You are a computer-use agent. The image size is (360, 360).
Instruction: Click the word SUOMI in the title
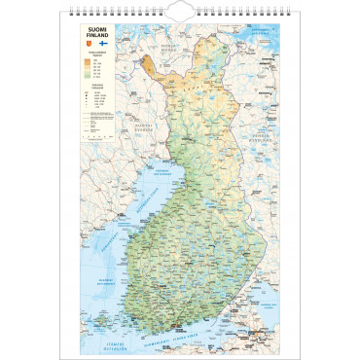98,30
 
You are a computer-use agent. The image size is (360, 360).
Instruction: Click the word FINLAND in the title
98,37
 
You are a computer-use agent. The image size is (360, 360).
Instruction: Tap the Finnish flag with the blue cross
104,45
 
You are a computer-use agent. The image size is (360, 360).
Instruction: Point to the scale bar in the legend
97,139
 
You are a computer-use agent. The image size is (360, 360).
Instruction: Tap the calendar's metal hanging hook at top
179,11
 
